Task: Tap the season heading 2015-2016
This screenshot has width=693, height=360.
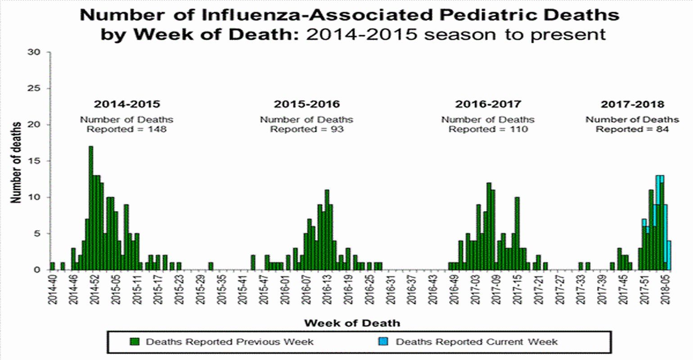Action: pos(306,104)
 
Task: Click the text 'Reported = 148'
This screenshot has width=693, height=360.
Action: pos(126,130)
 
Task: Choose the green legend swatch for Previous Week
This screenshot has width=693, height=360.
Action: pos(134,342)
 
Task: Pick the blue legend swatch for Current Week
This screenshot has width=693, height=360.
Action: pos(383,342)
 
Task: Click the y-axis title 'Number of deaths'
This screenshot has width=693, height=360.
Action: pos(16,162)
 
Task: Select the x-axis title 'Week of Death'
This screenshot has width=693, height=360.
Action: pos(351,323)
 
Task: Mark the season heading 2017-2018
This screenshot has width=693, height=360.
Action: pos(632,104)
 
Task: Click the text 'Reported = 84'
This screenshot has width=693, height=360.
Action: pos(632,130)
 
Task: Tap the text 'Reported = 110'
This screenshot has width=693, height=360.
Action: pos(488,130)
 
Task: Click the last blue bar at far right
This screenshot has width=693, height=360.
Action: pos(669,255)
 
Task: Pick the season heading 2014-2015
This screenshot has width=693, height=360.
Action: pos(126,104)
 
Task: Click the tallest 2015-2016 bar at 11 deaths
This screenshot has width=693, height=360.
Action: pos(327,229)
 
